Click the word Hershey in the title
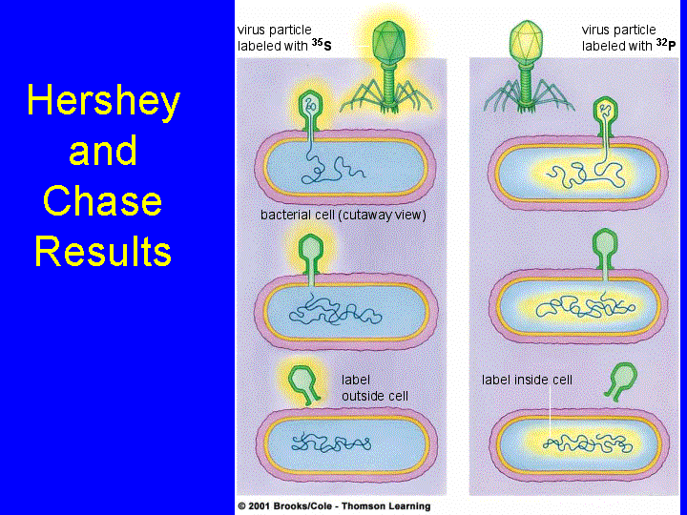(103, 102)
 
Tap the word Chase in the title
(103, 202)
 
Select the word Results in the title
(103, 252)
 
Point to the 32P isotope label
(665, 44)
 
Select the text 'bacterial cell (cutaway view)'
(343, 216)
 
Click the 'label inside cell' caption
(527, 380)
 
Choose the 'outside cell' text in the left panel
(376, 396)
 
